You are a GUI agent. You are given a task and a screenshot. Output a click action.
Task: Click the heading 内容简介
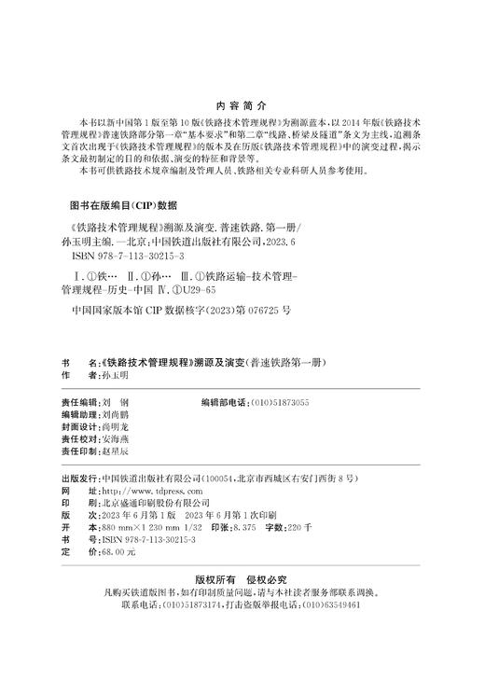(242, 104)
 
